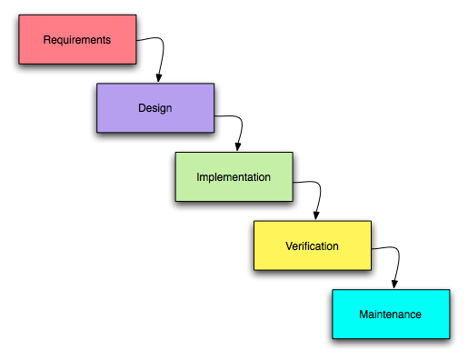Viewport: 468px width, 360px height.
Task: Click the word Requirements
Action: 77,40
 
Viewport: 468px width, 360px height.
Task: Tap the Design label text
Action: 154,108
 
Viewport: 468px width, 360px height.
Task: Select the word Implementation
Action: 234,177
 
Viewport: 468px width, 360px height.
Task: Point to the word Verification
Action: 312,245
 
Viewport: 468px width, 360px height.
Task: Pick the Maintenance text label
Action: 390,315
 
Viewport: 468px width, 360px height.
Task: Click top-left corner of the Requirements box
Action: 19,15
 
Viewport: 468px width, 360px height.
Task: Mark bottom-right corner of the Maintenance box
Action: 449,338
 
